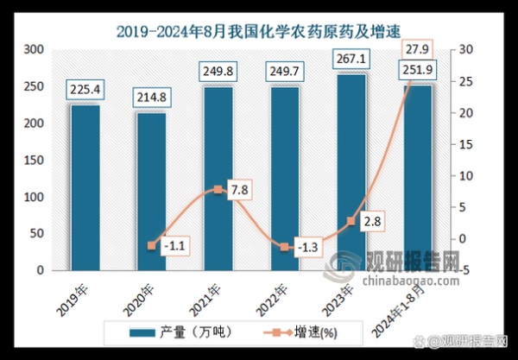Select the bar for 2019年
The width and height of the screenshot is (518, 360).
point(85,187)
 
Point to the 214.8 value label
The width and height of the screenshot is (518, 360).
point(152,96)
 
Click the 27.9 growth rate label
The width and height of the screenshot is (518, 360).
point(416,48)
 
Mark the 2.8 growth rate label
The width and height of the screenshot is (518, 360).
point(371,222)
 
